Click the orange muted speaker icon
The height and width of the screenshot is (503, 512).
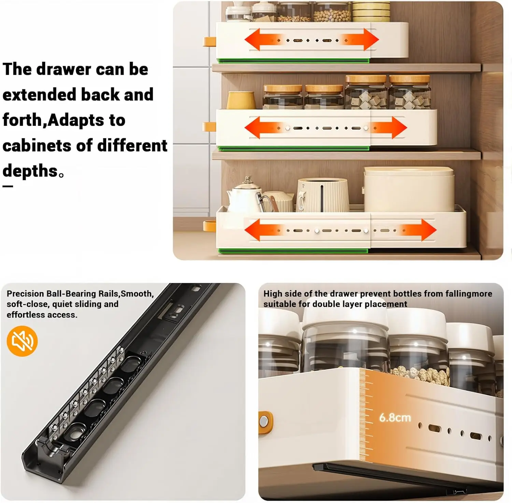coord(22,341)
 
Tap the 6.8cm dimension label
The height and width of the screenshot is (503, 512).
coord(395,417)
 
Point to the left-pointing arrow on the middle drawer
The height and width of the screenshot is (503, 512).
coord(263,128)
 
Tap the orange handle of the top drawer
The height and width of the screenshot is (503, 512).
coord(210,42)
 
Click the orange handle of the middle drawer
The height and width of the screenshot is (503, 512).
coord(209,127)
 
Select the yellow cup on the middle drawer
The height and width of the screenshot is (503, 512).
coord(241,100)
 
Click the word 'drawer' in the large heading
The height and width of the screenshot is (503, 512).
coord(63,69)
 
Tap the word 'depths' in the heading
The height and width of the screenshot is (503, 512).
coord(30,171)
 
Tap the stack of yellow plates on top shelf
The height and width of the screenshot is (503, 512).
coord(371,12)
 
